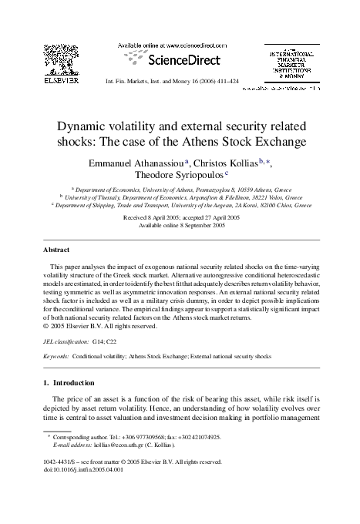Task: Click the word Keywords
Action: click(x=56, y=357)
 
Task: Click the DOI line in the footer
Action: click(x=86, y=490)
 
